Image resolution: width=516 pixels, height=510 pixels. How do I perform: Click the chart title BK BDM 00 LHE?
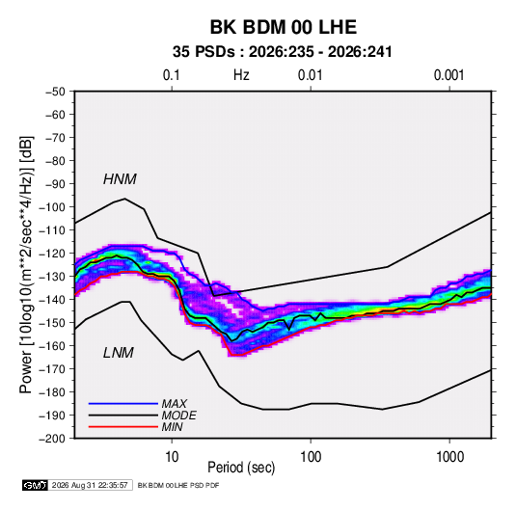(284, 27)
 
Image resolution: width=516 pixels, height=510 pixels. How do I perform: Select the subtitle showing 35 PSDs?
(283, 52)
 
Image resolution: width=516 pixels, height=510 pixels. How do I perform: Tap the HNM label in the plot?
(120, 179)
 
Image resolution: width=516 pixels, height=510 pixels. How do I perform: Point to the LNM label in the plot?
(119, 353)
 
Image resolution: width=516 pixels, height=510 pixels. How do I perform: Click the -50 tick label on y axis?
(55, 92)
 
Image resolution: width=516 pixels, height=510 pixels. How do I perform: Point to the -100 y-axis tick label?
(52, 207)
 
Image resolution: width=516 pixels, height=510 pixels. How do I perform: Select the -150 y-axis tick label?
(52, 323)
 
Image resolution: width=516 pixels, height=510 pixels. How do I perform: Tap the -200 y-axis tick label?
(52, 439)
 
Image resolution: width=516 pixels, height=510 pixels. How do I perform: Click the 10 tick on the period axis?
(172, 457)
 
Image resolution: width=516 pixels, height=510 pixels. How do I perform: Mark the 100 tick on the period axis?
(311, 457)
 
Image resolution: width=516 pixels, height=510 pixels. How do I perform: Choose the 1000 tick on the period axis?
(449, 457)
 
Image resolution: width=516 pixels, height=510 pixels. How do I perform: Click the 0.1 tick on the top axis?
(172, 75)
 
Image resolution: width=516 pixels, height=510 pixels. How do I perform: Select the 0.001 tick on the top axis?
(449, 75)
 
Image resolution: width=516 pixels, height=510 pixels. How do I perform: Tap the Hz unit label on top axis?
(241, 75)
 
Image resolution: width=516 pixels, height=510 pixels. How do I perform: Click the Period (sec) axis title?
(241, 468)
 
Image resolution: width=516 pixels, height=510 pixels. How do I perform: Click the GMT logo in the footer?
(36, 485)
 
